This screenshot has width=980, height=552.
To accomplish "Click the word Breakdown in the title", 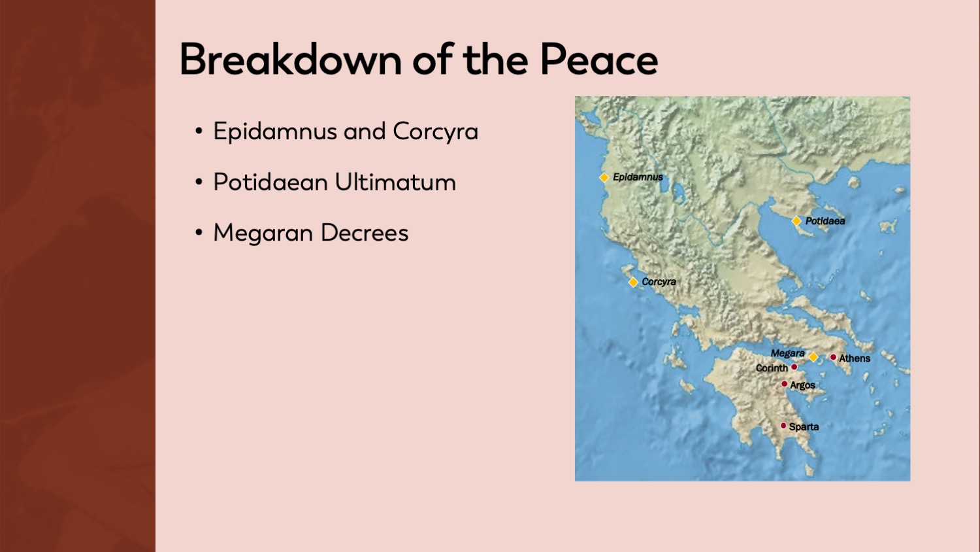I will click(290, 60).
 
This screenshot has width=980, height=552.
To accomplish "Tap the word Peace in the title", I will click(598, 60).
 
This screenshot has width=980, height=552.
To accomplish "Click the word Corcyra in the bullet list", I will click(435, 131).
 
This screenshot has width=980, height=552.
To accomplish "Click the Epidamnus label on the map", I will click(638, 177).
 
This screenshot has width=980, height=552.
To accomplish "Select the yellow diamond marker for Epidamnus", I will click(604, 177).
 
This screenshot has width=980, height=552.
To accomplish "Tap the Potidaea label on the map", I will click(825, 221).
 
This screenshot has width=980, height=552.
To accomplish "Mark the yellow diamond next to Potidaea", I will click(796, 221).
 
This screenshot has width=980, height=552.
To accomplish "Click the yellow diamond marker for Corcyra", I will click(633, 282).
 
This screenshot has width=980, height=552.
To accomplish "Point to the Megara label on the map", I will click(787, 353).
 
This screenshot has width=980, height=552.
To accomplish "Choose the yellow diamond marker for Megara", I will click(813, 357).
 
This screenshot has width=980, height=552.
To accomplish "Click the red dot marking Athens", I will click(833, 357).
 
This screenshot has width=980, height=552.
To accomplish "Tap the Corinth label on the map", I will click(772, 368).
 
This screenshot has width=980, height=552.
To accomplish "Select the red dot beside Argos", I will click(784, 384).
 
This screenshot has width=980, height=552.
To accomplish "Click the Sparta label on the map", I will click(804, 426).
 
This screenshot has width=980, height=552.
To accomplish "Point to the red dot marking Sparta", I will click(783, 426).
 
